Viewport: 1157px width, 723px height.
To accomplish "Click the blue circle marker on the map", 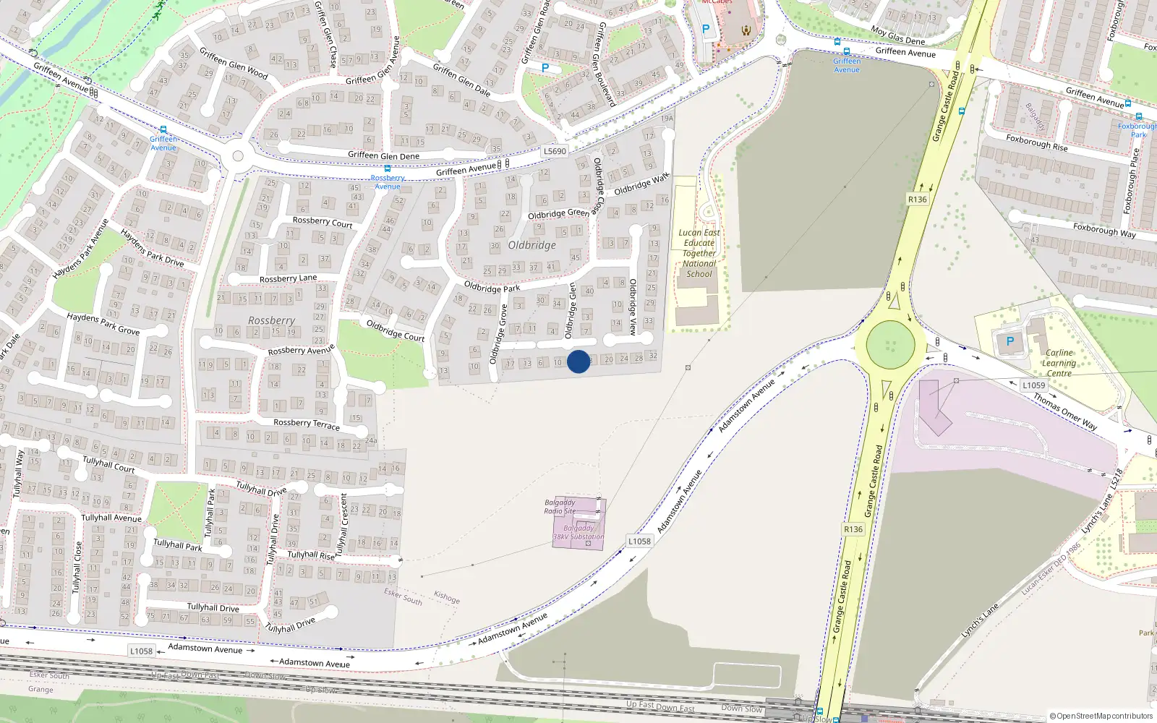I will point(578,361).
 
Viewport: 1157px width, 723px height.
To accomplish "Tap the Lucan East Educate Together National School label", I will point(699,253).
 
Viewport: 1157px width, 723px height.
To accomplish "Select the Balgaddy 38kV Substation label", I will point(578,532).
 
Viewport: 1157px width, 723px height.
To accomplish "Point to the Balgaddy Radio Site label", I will point(560,507).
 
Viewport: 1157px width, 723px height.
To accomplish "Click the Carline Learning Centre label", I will point(1059,363).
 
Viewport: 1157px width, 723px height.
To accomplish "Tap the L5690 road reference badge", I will point(555,151).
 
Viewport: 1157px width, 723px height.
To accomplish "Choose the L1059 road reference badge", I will point(1033,385).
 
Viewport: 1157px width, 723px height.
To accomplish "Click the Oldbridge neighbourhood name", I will point(532,245).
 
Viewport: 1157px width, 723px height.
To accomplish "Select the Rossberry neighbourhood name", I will point(271,320).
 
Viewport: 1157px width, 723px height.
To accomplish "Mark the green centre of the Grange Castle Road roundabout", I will point(890,345).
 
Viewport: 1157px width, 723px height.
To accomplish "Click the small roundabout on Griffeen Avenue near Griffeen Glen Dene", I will point(237,157).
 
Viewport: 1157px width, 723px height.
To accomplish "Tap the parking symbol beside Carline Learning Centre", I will point(1010,341).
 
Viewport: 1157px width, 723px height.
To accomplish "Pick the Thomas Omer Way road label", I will point(1065,411).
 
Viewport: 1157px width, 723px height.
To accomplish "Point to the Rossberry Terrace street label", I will point(307,424).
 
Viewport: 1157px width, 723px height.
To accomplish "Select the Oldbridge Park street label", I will point(492,288).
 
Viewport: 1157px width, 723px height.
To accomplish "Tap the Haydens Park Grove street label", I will point(103,323).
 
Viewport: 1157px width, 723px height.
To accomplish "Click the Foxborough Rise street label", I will point(1037,142).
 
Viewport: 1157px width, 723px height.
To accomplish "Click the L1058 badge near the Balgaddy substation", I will point(639,541).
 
